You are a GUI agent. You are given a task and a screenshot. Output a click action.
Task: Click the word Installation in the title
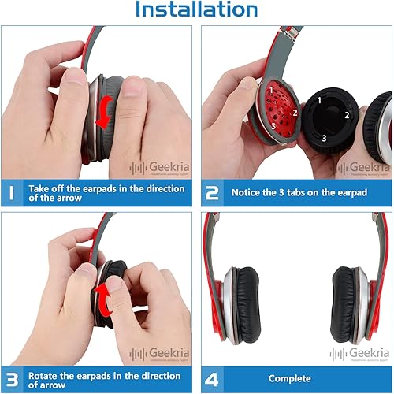(x=196, y=10)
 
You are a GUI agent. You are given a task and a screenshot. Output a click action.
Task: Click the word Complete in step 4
(x=290, y=379)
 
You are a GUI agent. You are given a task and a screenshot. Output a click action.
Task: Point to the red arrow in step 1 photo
(x=102, y=115)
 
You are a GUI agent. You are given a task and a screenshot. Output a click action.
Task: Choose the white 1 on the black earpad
(x=319, y=100)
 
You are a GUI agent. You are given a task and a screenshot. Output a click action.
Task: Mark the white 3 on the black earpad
(x=323, y=138)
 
